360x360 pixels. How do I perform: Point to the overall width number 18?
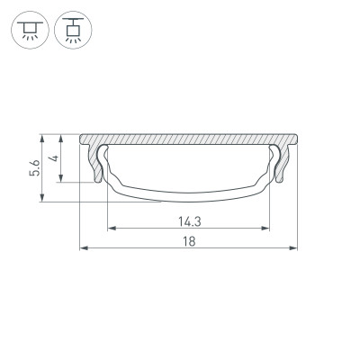click(x=188, y=241)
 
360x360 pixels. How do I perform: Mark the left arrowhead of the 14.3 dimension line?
click(x=111, y=227)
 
